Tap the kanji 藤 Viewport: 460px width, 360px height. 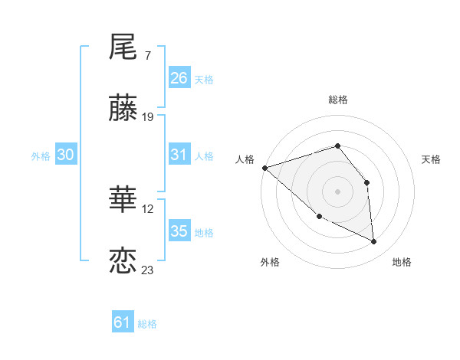click(x=123, y=109)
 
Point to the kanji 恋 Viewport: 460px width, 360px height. click(x=123, y=261)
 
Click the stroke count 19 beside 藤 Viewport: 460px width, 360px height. click(x=148, y=117)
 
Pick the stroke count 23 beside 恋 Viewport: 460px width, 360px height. click(x=148, y=270)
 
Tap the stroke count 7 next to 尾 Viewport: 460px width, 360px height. click(x=147, y=56)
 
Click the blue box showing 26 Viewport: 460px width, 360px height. click(x=179, y=78)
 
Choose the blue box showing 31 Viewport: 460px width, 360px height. click(x=179, y=155)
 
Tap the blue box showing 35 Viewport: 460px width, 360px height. click(x=179, y=231)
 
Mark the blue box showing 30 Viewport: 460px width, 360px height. click(x=66, y=155)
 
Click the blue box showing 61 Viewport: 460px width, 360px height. click(x=123, y=322)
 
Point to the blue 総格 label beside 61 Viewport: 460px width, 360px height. click(x=147, y=324)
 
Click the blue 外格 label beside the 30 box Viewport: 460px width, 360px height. click(x=41, y=156)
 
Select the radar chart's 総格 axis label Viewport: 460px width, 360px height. click(x=337, y=100)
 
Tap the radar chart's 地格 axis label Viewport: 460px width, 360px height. click(x=402, y=262)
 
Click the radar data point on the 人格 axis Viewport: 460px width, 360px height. click(x=264, y=168)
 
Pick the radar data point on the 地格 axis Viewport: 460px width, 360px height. click(x=374, y=241)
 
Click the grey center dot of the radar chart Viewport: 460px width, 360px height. click(x=337, y=191)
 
